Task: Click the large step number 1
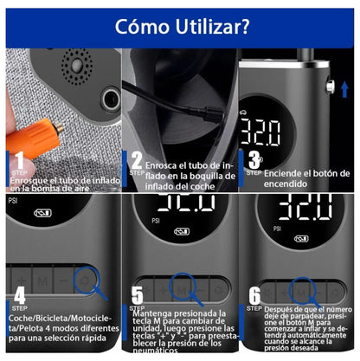coord(18,160)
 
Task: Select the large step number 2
coord(137,160)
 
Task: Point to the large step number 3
coord(254,159)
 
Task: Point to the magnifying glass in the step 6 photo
coord(302,285)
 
